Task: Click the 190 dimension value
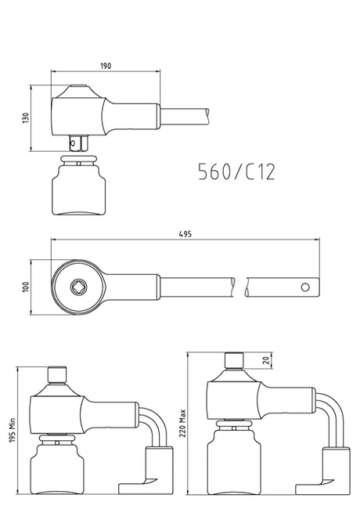tap(106, 66)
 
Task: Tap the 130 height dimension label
tap(26, 117)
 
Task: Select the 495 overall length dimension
tap(185, 233)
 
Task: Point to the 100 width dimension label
tap(26, 287)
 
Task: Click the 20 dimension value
tap(267, 360)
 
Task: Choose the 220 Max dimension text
tap(182, 423)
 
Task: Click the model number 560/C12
tap(237, 171)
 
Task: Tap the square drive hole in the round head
tap(78, 287)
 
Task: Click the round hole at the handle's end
tap(305, 287)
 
